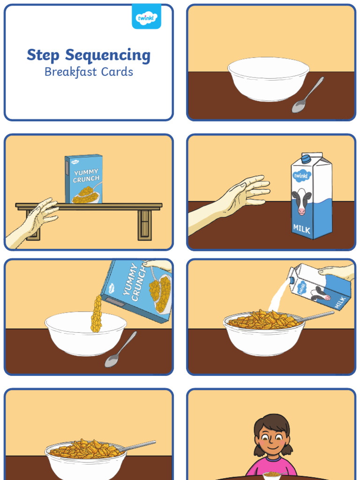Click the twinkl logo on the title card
[146, 17]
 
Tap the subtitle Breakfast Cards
[89, 72]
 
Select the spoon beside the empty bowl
[307, 96]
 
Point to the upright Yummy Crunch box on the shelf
[84, 179]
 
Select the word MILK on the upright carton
[301, 230]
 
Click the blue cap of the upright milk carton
[306, 159]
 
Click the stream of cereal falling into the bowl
[97, 314]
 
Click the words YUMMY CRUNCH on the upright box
[86, 175]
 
